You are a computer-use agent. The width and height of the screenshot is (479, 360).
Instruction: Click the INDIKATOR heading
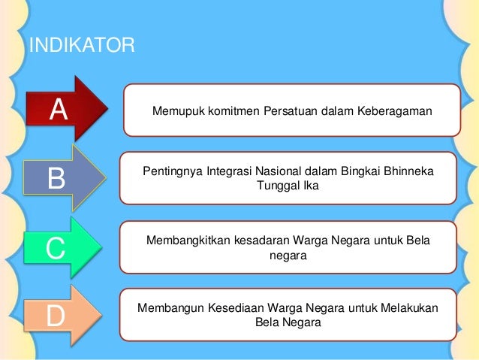click(81, 47)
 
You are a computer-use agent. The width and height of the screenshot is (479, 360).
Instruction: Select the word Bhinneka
click(406, 172)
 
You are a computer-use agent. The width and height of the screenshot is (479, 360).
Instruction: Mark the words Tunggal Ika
click(288, 186)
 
